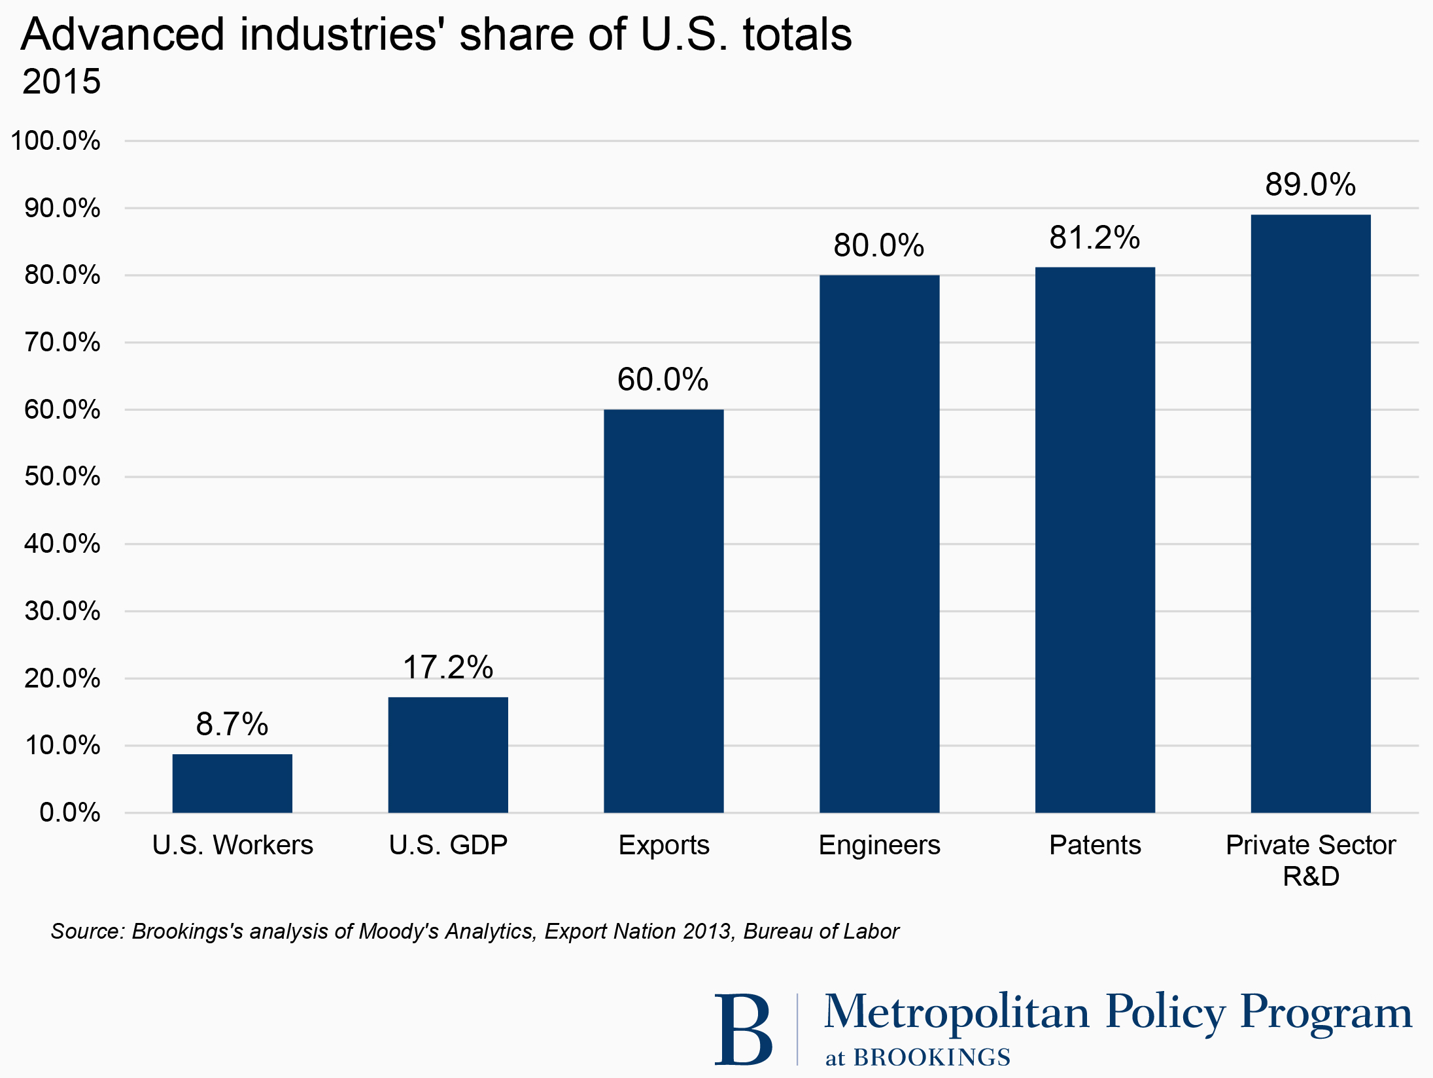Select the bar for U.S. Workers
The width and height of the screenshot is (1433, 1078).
tap(232, 783)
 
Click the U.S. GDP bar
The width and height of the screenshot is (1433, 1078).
tap(448, 755)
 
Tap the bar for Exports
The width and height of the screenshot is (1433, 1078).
tap(663, 611)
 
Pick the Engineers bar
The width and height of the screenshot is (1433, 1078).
tap(879, 544)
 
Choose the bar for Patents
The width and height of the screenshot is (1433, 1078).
tap(1095, 540)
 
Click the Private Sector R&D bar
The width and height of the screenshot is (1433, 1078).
tap(1310, 513)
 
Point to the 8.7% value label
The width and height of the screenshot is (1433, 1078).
tap(232, 724)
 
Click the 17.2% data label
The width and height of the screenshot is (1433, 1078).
tap(448, 667)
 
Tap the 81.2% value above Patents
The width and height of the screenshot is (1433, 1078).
tap(1095, 237)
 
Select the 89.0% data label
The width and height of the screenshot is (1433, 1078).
tap(1310, 184)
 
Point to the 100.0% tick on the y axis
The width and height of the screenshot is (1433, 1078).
tap(56, 141)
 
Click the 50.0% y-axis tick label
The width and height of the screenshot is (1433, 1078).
tap(62, 476)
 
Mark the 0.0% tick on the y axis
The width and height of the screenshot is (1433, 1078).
tap(69, 812)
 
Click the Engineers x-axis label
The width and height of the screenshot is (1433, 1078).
tap(879, 845)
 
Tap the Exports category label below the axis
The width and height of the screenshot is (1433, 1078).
tap(663, 845)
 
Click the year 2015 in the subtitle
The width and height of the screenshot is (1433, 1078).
tap(61, 82)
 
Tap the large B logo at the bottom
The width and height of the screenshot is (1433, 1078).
tap(743, 1030)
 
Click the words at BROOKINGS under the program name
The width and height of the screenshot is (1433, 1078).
tap(917, 1057)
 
